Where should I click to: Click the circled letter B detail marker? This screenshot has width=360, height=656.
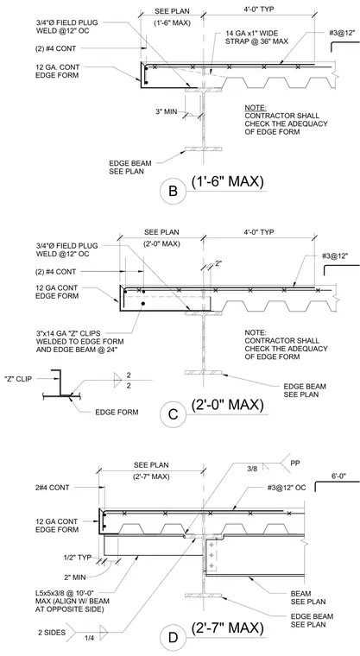(x=173, y=192)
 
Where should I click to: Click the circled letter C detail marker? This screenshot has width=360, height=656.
(x=173, y=415)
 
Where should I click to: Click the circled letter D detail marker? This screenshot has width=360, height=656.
(x=173, y=638)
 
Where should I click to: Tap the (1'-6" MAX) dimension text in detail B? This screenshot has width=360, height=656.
(x=172, y=23)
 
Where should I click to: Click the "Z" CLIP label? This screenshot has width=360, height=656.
(x=17, y=379)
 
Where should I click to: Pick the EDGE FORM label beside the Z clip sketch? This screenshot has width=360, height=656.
(x=117, y=412)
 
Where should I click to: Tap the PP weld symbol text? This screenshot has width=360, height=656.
(x=295, y=464)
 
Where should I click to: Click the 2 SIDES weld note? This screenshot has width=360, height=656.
(x=52, y=633)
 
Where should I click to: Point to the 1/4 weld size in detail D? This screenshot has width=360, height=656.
(x=89, y=638)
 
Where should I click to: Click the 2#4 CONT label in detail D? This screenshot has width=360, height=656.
(x=53, y=488)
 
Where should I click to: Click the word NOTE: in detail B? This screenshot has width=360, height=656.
(x=256, y=108)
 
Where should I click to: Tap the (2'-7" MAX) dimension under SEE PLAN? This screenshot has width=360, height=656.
(x=152, y=476)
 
